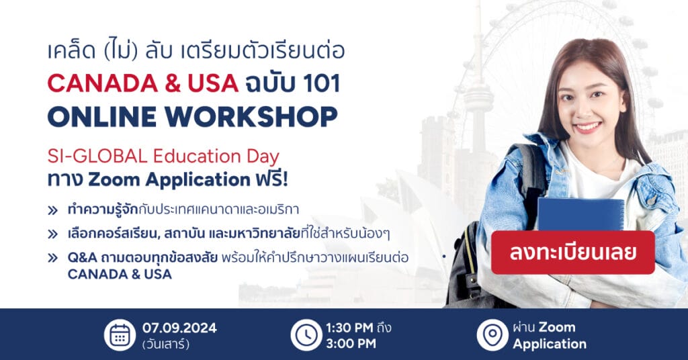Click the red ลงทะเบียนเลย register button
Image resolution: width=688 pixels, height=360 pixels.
[x=572, y=253]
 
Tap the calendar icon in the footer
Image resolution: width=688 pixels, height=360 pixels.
[x=120, y=335]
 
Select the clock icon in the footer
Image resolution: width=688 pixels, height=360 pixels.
[x=306, y=335]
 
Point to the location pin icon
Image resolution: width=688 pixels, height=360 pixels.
[x=492, y=335]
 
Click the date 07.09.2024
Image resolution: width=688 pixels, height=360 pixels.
[x=179, y=328]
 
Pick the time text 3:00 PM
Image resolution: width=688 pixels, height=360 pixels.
[x=351, y=344]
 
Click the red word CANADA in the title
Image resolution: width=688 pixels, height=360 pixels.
[x=103, y=83]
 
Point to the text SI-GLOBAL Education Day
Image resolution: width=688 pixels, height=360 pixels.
[x=163, y=156]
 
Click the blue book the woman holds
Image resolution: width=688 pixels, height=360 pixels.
[x=580, y=214]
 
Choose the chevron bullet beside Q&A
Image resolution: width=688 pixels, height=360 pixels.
[x=52, y=258]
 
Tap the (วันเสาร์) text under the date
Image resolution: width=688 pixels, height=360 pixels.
[x=166, y=344]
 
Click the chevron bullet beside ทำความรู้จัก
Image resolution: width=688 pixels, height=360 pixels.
[x=52, y=210]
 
